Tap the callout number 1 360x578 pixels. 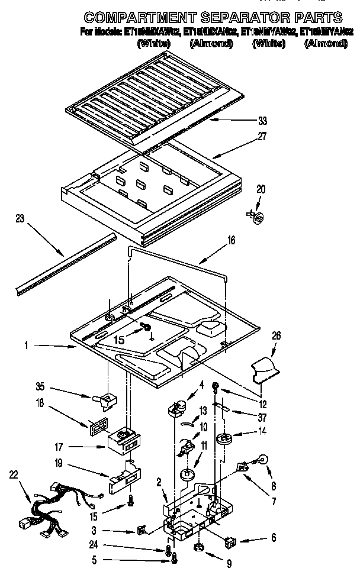click(27, 344)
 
